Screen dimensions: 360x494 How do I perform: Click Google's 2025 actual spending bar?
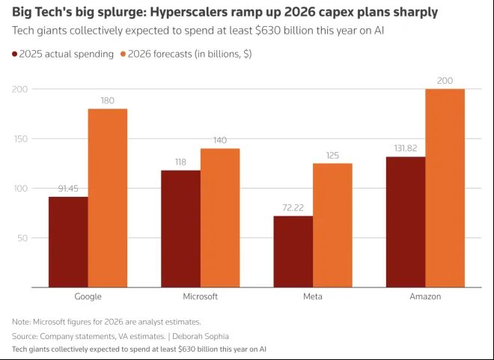click(68, 242)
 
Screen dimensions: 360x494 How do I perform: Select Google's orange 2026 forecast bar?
click(107, 198)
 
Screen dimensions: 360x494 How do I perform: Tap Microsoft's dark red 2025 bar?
click(180, 228)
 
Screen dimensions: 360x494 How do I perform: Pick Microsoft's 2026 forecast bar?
click(219, 218)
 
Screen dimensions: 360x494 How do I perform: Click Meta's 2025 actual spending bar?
click(293, 251)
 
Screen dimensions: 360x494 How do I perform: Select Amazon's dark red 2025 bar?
click(405, 222)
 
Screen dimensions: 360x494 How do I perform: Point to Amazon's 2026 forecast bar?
click(444, 188)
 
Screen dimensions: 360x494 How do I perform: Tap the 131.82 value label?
click(405, 148)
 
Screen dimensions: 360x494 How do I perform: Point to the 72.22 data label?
click(293, 207)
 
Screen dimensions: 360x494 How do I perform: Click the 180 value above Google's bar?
click(108, 100)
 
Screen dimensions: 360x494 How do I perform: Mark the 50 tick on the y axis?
click(23, 238)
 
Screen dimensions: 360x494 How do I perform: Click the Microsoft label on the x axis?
click(200, 296)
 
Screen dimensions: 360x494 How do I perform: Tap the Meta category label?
click(312, 296)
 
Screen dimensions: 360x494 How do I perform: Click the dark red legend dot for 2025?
click(16, 54)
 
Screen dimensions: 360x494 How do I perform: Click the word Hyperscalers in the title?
click(184, 12)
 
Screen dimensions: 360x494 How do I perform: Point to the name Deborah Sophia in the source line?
click(202, 336)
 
